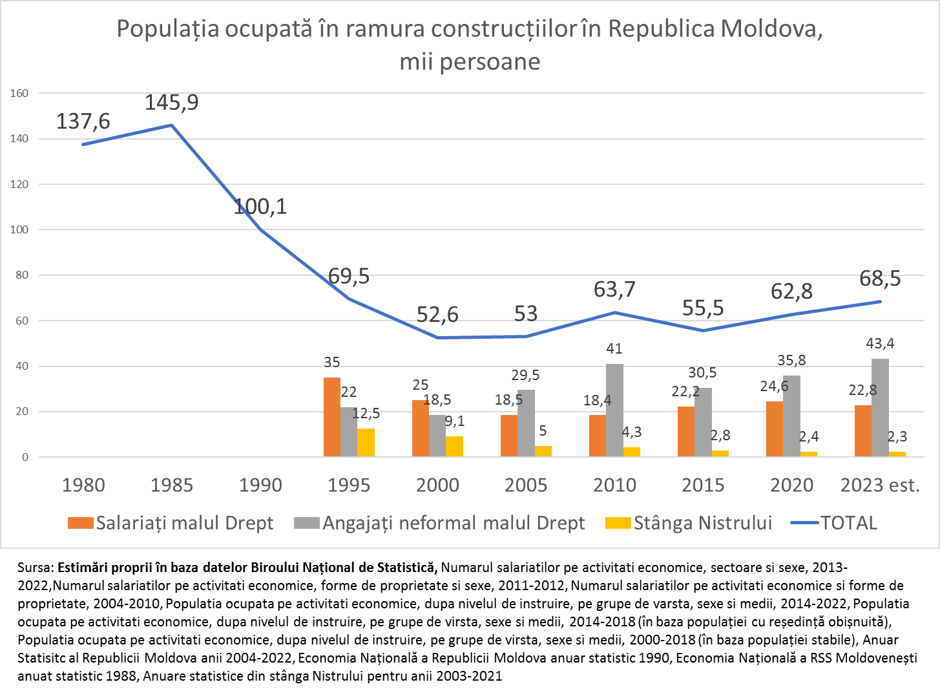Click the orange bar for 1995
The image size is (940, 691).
pyautogui.click(x=331, y=417)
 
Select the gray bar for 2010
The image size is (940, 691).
pyautogui.click(x=614, y=410)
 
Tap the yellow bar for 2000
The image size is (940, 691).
pyautogui.click(x=454, y=447)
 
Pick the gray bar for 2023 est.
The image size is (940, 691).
pyautogui.click(x=880, y=408)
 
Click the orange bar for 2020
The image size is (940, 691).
pyautogui.click(x=774, y=429)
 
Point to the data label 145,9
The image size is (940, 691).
pyautogui.click(x=171, y=102)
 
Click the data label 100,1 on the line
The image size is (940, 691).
pyautogui.click(x=260, y=207)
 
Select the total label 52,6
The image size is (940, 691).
pyautogui.click(x=437, y=315)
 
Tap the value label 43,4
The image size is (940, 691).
pyautogui.click(x=880, y=343)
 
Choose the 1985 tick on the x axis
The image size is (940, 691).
pyautogui.click(x=172, y=485)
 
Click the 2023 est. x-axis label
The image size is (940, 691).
pyautogui.click(x=880, y=485)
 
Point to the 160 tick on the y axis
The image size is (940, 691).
pyautogui.click(x=20, y=93)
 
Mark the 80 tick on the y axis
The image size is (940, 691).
pyautogui.click(x=22, y=275)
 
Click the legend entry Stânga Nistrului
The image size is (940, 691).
pyautogui.click(x=702, y=523)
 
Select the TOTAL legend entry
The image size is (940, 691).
pyautogui.click(x=848, y=523)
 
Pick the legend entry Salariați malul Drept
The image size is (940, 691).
pyautogui.click(x=184, y=523)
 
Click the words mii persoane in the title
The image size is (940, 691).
pyautogui.click(x=470, y=61)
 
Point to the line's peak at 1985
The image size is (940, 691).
pyautogui.click(x=172, y=125)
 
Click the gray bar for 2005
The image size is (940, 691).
pyautogui.click(x=526, y=423)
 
